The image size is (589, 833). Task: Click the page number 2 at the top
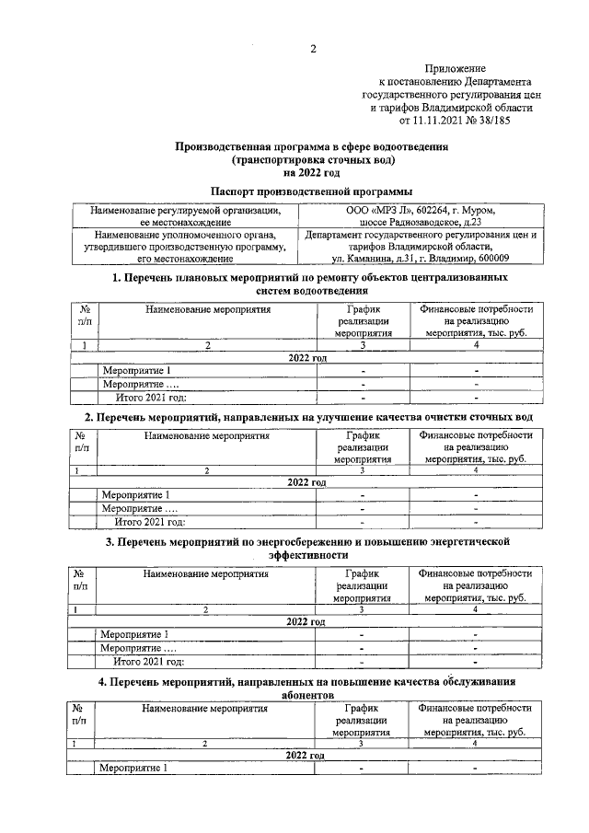pyautogui.click(x=312, y=50)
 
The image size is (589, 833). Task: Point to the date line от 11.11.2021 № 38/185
pyautogui.click(x=455, y=119)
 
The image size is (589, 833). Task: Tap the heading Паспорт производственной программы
pyautogui.click(x=311, y=191)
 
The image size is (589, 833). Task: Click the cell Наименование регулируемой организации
pyautogui.click(x=185, y=210)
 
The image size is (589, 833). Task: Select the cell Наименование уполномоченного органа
pyautogui.click(x=185, y=235)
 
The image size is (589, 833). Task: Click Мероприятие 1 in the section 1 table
pyautogui.click(x=136, y=371)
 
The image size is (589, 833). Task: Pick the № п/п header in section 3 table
pyautogui.click(x=83, y=580)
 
